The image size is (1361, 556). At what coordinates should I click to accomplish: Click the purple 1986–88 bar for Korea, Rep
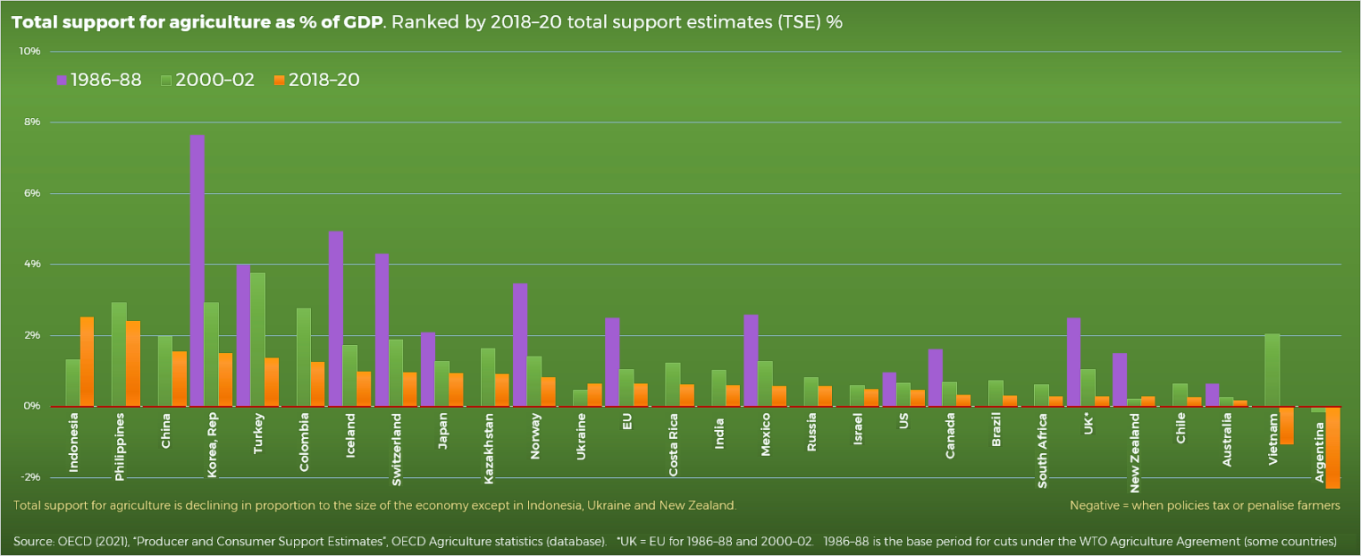click(x=198, y=270)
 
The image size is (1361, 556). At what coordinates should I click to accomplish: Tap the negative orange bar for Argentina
click(x=1332, y=447)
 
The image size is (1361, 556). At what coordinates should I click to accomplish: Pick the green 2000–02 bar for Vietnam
click(x=1272, y=370)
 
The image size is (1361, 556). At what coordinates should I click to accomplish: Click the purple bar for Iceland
click(x=336, y=319)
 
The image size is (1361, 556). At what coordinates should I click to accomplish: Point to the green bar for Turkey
click(x=257, y=340)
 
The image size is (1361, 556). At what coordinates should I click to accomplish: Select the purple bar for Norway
click(x=520, y=345)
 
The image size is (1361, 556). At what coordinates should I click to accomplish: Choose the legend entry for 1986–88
click(x=99, y=80)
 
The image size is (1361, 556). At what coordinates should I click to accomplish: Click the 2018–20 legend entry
click(x=316, y=80)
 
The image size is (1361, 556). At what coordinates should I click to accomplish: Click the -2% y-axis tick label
click(x=29, y=477)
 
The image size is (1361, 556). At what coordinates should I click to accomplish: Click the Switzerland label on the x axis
click(x=396, y=450)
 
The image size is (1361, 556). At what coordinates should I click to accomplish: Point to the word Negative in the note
click(x=1096, y=505)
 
